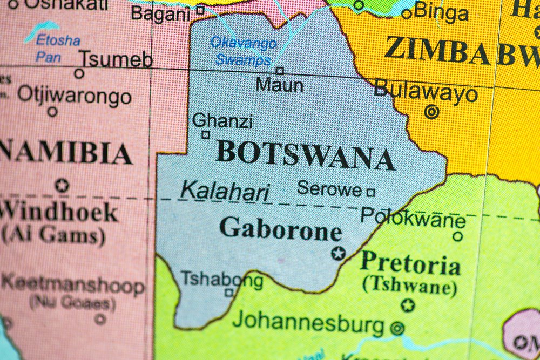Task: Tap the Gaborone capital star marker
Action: click(x=339, y=253)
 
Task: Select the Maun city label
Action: click(x=279, y=85)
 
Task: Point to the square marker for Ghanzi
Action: click(x=205, y=135)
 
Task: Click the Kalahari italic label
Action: click(x=225, y=191)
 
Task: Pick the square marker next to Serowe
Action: click(x=370, y=192)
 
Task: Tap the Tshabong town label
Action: click(x=221, y=280)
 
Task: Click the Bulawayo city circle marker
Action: click(x=431, y=112)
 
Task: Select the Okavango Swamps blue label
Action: click(x=243, y=51)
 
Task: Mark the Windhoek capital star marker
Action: click(x=62, y=185)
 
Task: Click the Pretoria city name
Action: click(x=410, y=264)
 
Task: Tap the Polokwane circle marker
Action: click(x=457, y=236)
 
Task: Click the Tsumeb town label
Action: click(x=116, y=59)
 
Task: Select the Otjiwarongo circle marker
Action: click(x=52, y=112)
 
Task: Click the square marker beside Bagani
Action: click(x=200, y=10)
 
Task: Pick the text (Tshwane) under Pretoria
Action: click(x=410, y=286)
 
